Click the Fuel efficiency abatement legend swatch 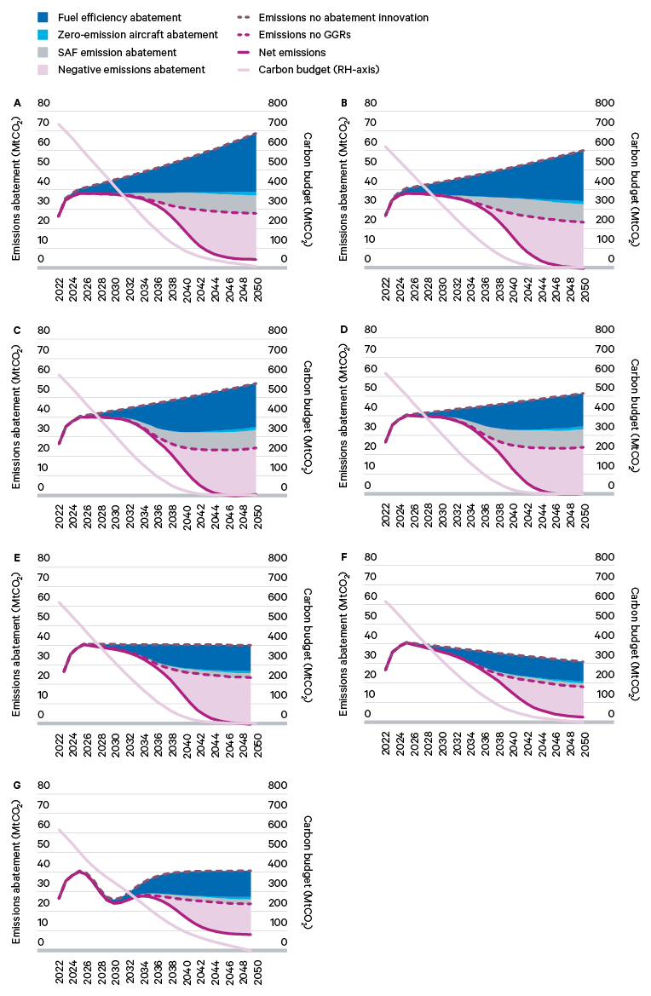(x=43, y=17)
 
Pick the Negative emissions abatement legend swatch (x=43, y=70)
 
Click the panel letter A (x=17, y=103)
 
